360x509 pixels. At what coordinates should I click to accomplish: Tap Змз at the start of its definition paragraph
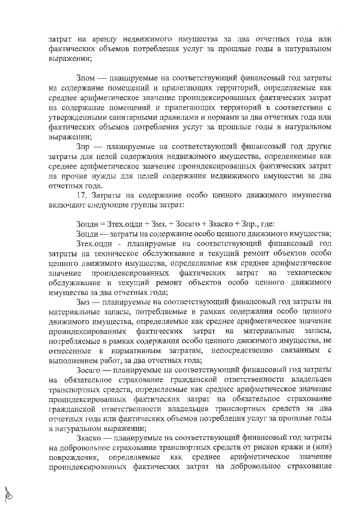click(83, 303)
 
